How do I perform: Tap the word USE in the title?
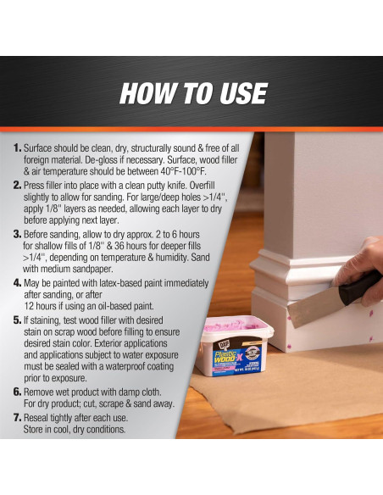(243, 93)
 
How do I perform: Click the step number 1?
(17, 147)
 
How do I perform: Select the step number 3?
(17, 234)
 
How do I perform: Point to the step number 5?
(17, 320)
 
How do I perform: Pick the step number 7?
(17, 418)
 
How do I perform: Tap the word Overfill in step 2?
(202, 186)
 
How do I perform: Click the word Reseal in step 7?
(37, 418)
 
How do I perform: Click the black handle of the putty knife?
(359, 286)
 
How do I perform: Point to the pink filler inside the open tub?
(234, 325)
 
